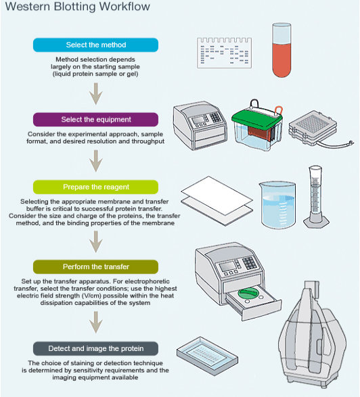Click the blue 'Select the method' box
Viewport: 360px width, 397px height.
[96, 45]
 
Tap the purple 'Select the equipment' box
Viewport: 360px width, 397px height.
[96, 120]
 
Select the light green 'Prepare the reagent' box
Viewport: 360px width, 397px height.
[96, 187]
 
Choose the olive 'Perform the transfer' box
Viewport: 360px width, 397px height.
[96, 267]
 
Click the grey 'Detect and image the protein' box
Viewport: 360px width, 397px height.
[96, 348]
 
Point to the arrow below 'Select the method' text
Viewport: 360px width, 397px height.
[96, 94]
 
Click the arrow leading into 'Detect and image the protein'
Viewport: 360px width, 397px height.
[96, 322]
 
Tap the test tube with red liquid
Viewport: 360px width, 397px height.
[282, 50]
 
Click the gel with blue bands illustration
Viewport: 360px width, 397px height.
[225, 53]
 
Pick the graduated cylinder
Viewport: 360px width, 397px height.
[315, 197]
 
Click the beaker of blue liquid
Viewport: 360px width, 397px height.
[278, 205]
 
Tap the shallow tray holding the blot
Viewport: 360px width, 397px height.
[207, 356]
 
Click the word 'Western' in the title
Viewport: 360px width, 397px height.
[28, 6]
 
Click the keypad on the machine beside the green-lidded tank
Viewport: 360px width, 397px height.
[216, 117]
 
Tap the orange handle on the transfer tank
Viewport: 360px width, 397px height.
[278, 111]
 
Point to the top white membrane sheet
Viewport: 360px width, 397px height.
[217, 195]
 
